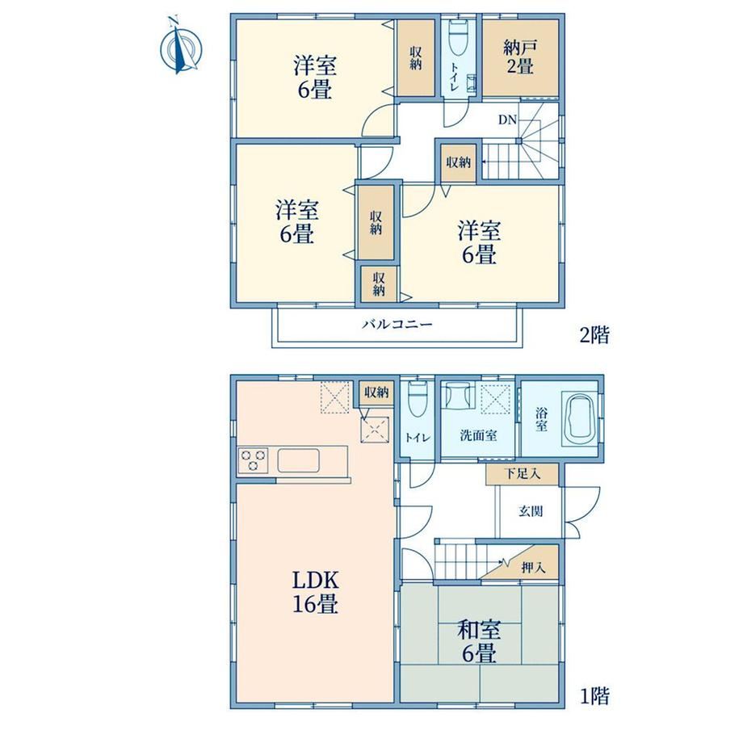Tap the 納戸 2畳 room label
(520, 57)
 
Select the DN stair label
(507, 120)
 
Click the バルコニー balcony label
(397, 325)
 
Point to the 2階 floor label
(594, 335)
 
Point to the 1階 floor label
(594, 696)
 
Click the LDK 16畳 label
(315, 592)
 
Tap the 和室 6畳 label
(479, 642)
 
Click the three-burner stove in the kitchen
(253, 460)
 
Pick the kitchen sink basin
(298, 460)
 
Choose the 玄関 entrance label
(531, 511)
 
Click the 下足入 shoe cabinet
(522, 474)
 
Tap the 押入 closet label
(534, 567)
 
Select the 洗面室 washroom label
(478, 435)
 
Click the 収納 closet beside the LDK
(376, 392)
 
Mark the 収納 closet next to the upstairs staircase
(458, 162)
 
